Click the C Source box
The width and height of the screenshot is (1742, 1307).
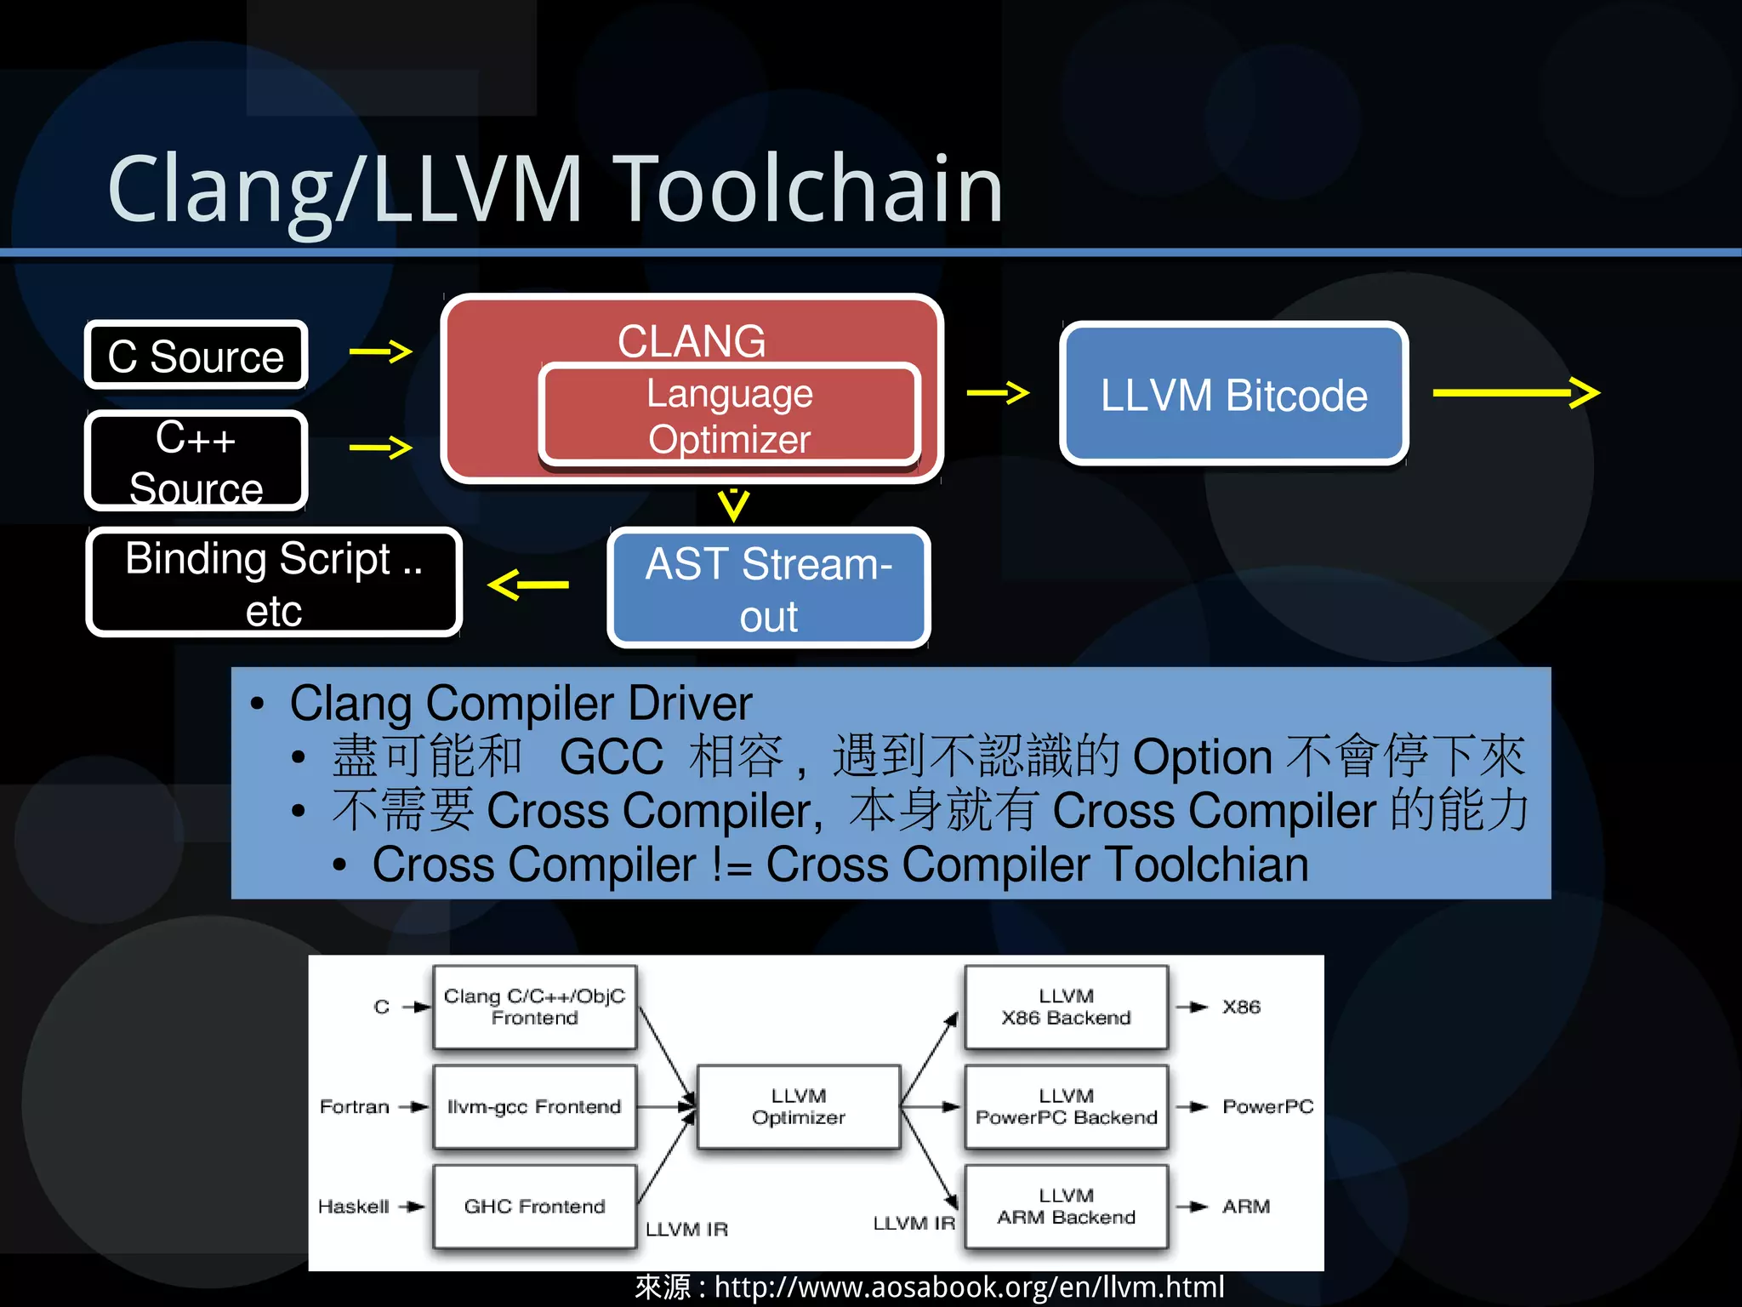coord(196,356)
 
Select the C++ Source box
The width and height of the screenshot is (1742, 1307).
coord(196,461)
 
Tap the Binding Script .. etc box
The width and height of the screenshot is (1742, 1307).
coord(274,583)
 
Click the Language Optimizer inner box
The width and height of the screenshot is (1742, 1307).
coord(729,416)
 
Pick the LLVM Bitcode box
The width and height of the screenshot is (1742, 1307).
coord(1233,395)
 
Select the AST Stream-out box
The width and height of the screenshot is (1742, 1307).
coord(768,588)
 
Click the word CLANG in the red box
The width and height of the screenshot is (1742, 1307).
coord(691,340)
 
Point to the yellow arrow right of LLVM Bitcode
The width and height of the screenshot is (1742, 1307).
coord(1516,392)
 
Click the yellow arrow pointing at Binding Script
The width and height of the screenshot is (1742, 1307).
coord(528,585)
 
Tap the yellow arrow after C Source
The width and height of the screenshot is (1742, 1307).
coord(381,351)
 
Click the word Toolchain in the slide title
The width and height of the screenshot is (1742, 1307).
coord(808,189)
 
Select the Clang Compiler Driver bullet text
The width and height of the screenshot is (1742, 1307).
coord(521,704)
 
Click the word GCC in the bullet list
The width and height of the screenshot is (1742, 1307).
coord(611,756)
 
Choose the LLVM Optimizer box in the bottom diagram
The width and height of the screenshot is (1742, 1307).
coord(798,1106)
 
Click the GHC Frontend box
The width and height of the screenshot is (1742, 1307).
coord(534,1206)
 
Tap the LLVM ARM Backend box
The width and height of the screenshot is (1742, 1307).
coord(1066,1206)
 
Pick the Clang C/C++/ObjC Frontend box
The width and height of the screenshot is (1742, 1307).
coord(534,1007)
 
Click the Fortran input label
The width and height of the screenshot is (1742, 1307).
coord(354,1106)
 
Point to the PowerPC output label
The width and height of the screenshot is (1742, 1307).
coord(1267,1106)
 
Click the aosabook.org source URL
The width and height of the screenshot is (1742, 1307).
coord(968,1287)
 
